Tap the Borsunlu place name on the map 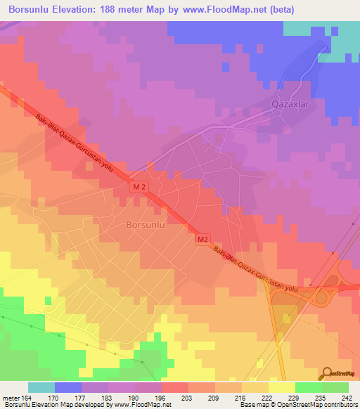[x=146, y=226]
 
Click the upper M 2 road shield [x=141, y=187]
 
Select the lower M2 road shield [x=202, y=240]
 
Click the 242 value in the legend [x=345, y=397]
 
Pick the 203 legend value [x=186, y=397]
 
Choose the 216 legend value [x=239, y=397]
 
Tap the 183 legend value [x=107, y=397]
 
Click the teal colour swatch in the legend [x=41, y=387]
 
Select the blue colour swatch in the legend [x=68, y=387]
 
